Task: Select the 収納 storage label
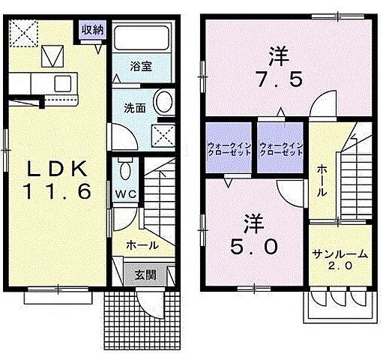pos(92,30)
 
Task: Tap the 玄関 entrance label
pos(145,274)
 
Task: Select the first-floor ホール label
pos(142,245)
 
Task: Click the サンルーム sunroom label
pos(340,254)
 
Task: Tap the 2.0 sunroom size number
pos(340,266)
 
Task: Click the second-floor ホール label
pos(322,181)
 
